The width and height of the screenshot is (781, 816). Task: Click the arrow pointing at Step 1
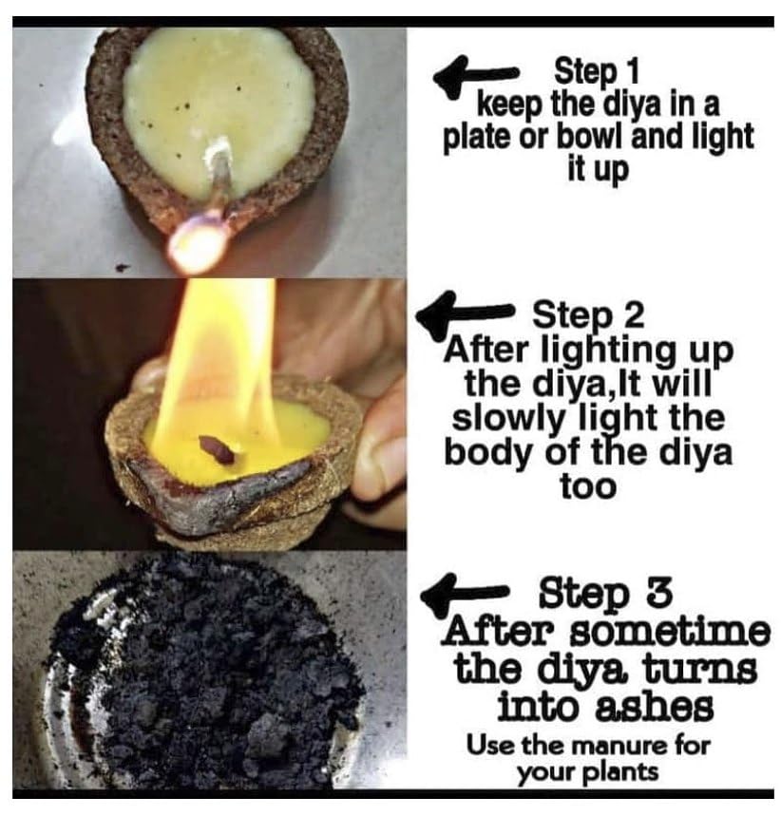[x=475, y=78]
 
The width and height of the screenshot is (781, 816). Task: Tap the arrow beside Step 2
[x=464, y=313]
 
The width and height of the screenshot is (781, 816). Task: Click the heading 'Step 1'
[x=596, y=72]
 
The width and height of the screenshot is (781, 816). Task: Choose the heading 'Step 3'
[x=605, y=595]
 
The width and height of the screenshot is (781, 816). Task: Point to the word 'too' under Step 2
[x=588, y=487]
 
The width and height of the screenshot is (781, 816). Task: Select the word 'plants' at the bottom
[x=625, y=772]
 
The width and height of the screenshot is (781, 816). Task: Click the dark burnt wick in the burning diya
[x=215, y=448]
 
